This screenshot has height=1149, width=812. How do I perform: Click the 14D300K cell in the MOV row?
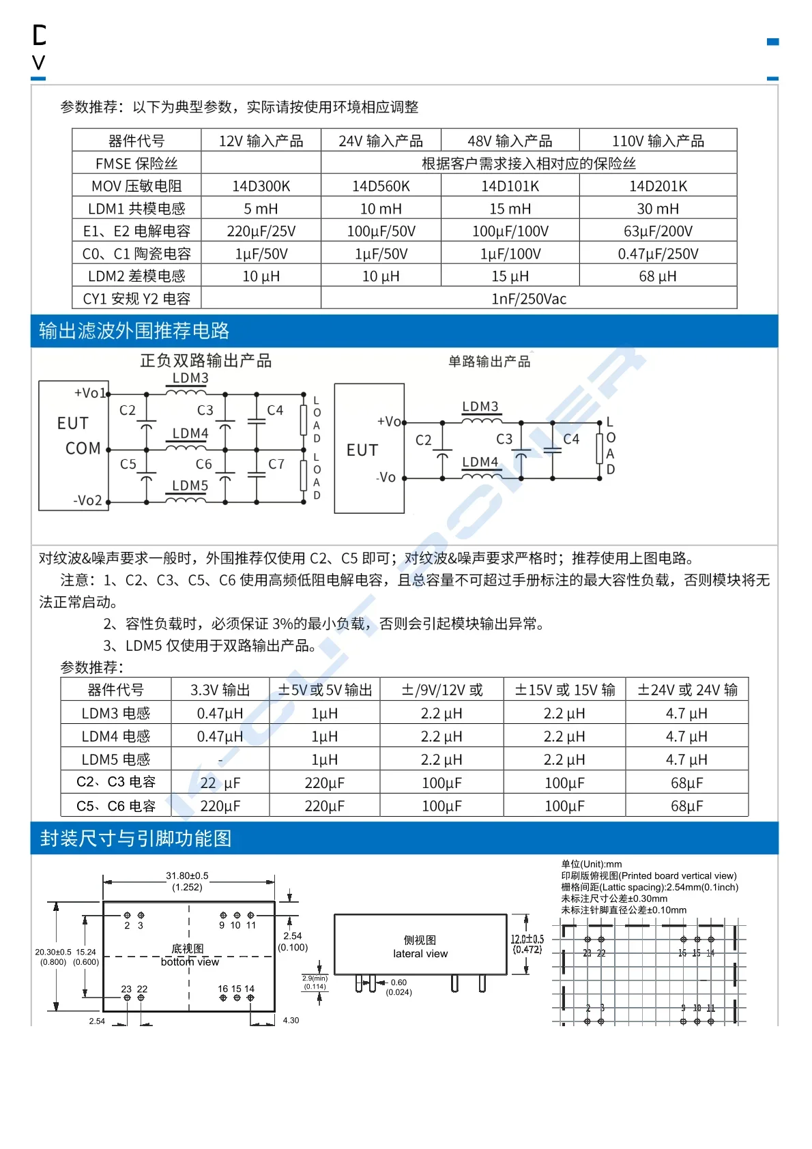pyautogui.click(x=261, y=186)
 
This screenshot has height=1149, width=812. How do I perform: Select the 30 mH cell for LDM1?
pyautogui.click(x=657, y=209)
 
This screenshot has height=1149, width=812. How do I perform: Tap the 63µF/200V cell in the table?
pyautogui.click(x=657, y=231)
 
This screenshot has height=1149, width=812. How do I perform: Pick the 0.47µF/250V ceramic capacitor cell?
pyautogui.click(x=657, y=254)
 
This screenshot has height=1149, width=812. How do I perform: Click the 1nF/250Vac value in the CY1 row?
pyautogui.click(x=529, y=299)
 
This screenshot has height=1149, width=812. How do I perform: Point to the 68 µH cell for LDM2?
pyautogui.click(x=657, y=276)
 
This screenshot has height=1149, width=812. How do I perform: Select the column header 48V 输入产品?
pyautogui.click(x=510, y=141)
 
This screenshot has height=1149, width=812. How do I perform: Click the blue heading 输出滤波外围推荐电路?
pyautogui.click(x=134, y=331)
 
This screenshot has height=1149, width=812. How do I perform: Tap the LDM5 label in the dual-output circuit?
pyautogui.click(x=190, y=486)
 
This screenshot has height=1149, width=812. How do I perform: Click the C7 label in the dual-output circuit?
pyautogui.click(x=276, y=465)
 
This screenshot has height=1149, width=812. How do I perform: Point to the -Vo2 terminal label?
pyautogui.click(x=87, y=501)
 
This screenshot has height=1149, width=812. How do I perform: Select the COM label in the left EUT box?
pyautogui.click(x=83, y=449)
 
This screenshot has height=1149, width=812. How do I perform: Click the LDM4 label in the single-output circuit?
pyautogui.click(x=480, y=462)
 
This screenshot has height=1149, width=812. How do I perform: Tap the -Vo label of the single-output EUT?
pyautogui.click(x=386, y=478)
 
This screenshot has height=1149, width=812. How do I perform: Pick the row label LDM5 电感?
pyautogui.click(x=115, y=759)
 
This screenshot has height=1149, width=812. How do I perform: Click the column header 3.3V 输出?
pyautogui.click(x=220, y=690)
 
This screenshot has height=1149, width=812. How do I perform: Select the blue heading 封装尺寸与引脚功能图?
pyautogui.click(x=135, y=839)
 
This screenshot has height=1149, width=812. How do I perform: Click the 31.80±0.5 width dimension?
pyautogui.click(x=187, y=876)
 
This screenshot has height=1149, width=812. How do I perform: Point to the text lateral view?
pyautogui.click(x=420, y=954)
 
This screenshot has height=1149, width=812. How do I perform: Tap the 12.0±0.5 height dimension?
pyautogui.click(x=527, y=940)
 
